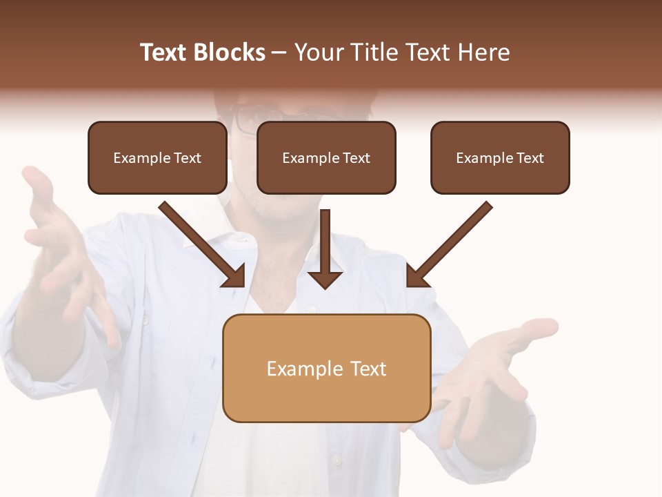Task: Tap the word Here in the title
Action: pos(483,52)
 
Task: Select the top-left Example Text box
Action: pos(157,158)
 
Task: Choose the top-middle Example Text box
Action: pos(326,158)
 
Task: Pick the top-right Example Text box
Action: pos(500,158)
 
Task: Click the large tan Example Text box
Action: pos(326,369)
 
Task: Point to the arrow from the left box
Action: pos(200,242)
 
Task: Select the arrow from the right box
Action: pos(452,242)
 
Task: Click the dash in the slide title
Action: pos(279,53)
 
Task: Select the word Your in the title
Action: pos(317,52)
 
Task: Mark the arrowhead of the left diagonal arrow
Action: pos(234,276)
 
